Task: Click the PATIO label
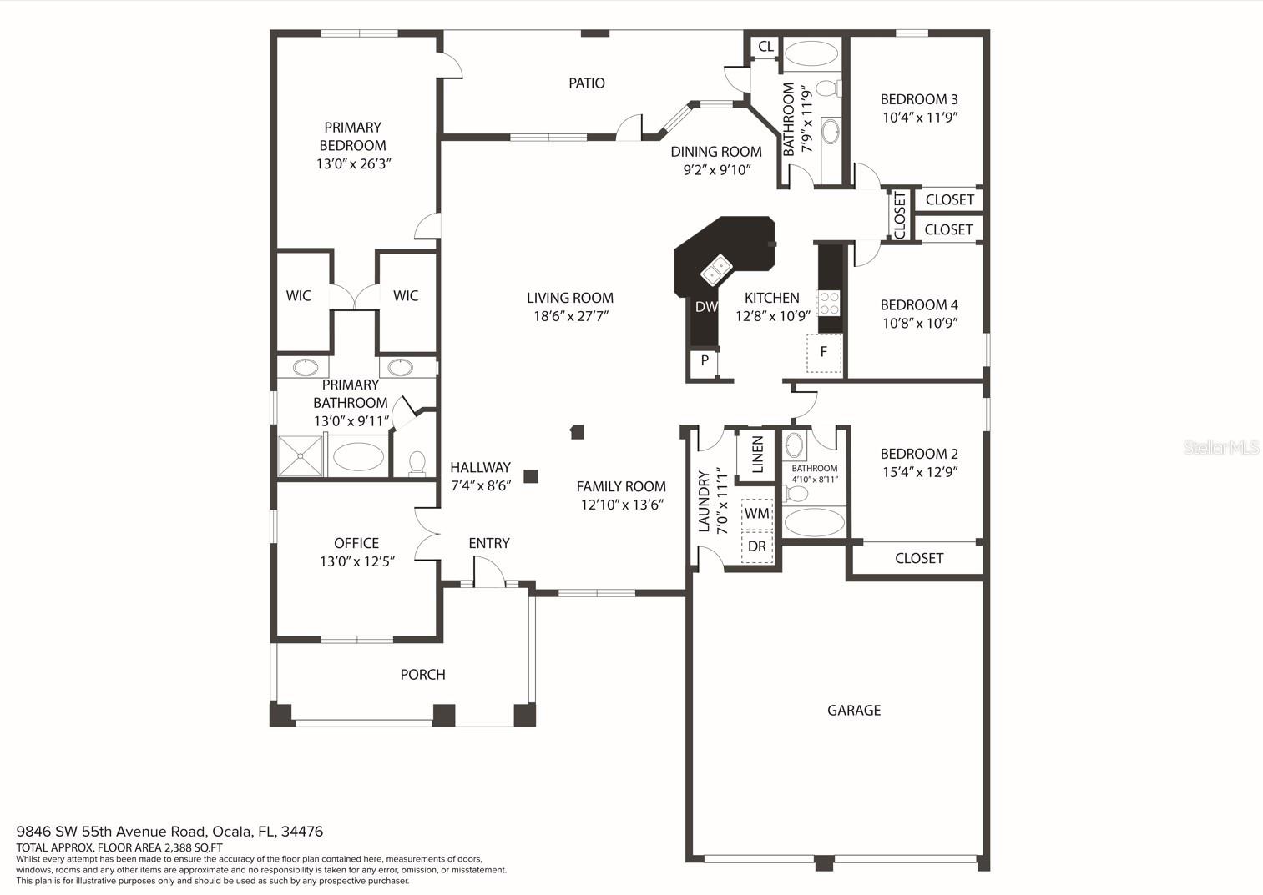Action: coord(586,83)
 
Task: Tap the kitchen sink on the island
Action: coord(716,269)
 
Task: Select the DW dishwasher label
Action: coord(706,306)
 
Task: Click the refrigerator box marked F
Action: coord(824,353)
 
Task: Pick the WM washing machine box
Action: coord(756,514)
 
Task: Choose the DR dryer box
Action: coord(756,546)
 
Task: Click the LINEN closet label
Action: coord(758,454)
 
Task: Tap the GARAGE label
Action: coord(854,711)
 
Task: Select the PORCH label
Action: coord(423,674)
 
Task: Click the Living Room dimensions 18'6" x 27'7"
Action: coord(571,316)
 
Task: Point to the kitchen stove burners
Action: coord(829,303)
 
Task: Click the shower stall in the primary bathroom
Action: coord(301,455)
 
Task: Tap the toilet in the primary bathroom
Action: coord(417,464)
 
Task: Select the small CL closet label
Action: coord(765,46)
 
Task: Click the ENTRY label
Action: coord(489,543)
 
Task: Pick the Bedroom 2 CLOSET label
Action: coord(919,558)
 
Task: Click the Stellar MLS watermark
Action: coord(1220,447)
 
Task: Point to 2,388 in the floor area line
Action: coord(178,847)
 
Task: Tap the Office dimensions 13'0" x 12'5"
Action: coord(357,561)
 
